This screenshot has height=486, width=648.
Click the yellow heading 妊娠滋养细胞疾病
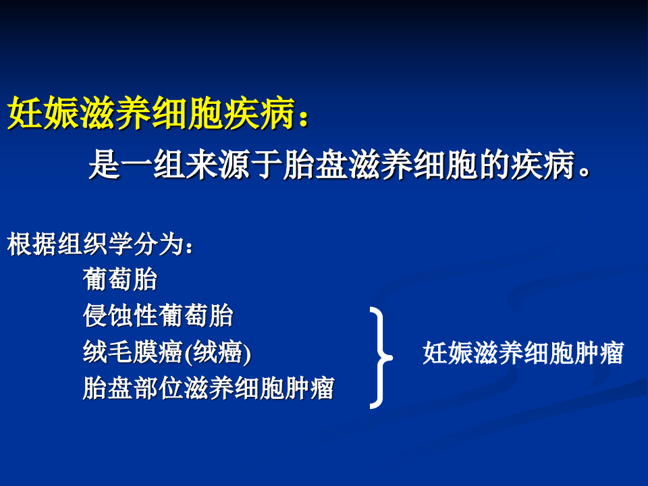pos(152,113)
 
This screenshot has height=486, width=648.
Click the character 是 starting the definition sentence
pos(105,165)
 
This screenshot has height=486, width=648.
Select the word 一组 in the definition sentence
pos(153,165)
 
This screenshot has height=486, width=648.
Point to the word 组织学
pos(95,245)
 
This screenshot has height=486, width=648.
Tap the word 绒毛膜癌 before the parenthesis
pos(133,352)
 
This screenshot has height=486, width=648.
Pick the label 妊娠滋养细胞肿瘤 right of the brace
pos(522,353)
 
